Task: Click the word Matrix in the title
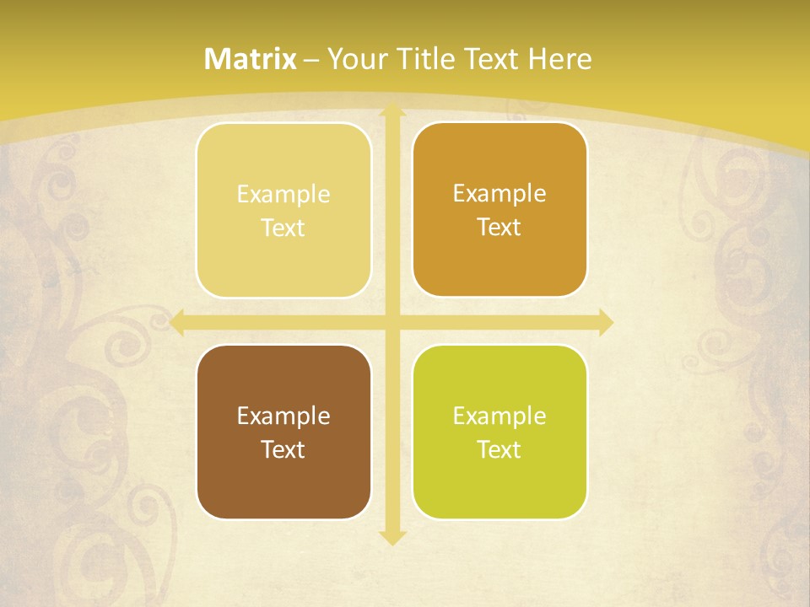click(251, 59)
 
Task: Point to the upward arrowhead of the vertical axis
click(391, 110)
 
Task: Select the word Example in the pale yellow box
click(283, 195)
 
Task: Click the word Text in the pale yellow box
click(283, 228)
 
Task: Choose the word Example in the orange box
click(499, 194)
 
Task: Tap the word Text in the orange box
click(499, 228)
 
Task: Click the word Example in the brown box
click(283, 416)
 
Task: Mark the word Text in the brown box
click(283, 450)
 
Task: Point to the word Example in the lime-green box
click(499, 416)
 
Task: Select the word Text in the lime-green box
click(499, 450)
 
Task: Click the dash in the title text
click(311, 60)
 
